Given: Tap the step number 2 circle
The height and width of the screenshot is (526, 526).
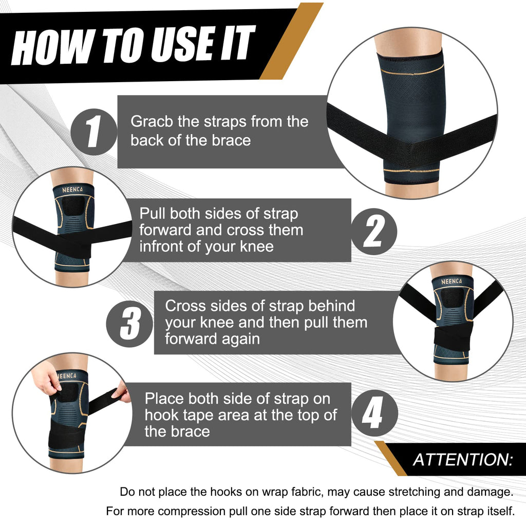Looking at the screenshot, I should pos(374,231).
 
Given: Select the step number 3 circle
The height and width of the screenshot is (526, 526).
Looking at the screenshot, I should pos(129,323).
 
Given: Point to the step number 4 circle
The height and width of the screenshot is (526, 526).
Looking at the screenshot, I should pos(374,414).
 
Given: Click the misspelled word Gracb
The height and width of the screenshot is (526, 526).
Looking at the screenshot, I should pos(152,122).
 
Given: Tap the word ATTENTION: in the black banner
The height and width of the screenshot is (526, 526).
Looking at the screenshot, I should pos(463,459).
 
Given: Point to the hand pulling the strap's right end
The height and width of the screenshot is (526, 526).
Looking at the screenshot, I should pos(122,393).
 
